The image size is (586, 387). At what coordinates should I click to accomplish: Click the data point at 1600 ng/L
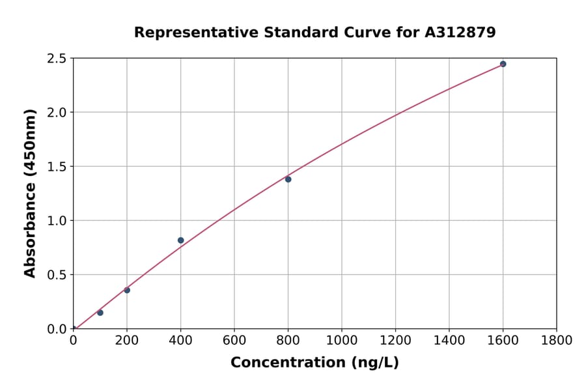(503, 64)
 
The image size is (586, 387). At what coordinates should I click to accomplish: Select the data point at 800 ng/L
(288, 179)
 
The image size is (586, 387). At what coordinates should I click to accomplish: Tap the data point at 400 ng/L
(180, 240)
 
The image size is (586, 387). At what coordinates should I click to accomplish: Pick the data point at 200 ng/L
(127, 290)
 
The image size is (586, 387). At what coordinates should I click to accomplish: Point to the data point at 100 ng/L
(100, 313)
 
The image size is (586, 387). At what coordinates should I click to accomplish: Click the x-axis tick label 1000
(342, 340)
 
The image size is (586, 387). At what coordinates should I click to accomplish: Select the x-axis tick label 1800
(556, 340)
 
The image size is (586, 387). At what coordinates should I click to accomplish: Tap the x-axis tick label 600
(234, 340)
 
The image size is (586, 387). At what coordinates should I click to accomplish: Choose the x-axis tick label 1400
(449, 340)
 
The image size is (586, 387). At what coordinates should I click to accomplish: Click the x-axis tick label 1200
(395, 340)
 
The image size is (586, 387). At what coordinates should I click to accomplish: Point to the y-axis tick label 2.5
(57, 59)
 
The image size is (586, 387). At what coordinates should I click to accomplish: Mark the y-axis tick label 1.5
(57, 167)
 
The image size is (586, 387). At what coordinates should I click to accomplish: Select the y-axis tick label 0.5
(57, 275)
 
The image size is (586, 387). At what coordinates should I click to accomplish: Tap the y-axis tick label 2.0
(57, 113)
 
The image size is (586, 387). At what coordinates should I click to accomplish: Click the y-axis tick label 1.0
(57, 221)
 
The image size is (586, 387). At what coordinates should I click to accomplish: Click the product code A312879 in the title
(460, 32)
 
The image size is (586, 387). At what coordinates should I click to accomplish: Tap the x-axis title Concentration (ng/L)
(314, 363)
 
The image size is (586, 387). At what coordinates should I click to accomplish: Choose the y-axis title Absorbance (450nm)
(30, 193)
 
